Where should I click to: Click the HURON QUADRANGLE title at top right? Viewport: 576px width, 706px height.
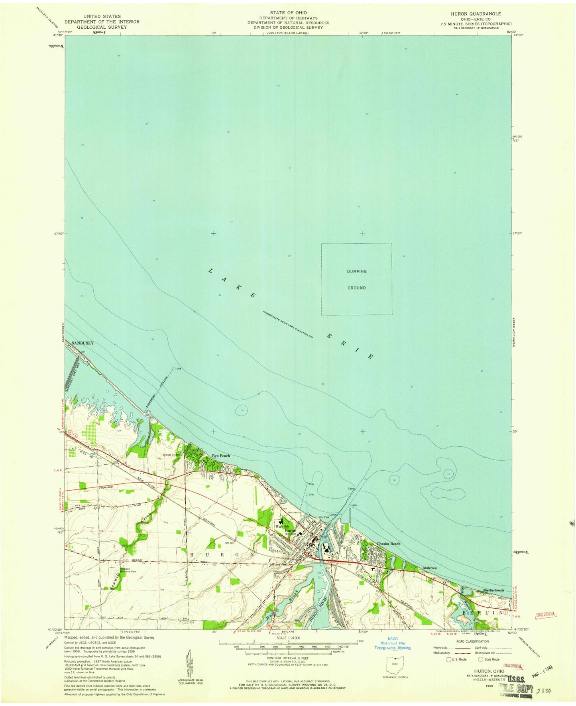(x=476, y=14)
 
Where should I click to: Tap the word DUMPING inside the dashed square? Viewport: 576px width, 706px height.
(x=356, y=271)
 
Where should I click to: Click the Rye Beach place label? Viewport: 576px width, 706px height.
(x=220, y=456)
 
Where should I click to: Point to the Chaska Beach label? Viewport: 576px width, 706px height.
(x=389, y=544)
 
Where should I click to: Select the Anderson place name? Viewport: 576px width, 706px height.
(x=430, y=568)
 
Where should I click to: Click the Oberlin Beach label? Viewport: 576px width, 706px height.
(x=493, y=590)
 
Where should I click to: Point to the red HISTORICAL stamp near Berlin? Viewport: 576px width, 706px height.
(x=545, y=615)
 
